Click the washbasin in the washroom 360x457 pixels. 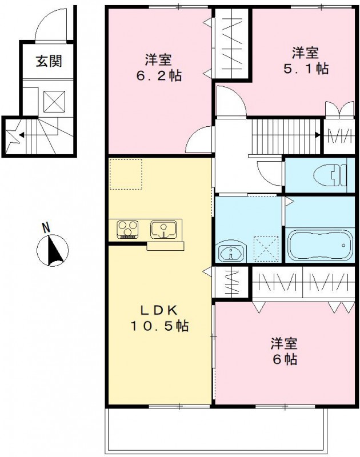231,252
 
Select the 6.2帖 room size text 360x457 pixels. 159,75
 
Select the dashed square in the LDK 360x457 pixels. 126,174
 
